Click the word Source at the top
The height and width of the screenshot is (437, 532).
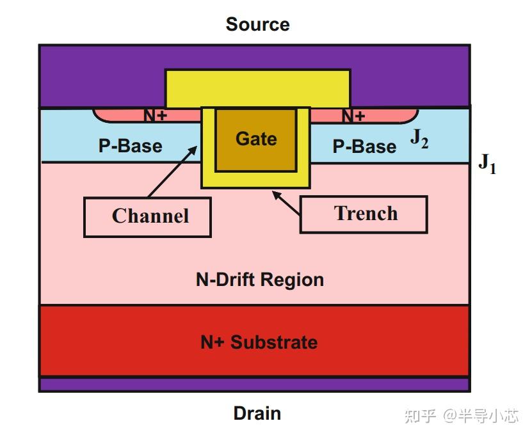tap(257, 24)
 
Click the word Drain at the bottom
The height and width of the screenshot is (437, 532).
tap(257, 413)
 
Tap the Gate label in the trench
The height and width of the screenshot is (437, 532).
tap(256, 139)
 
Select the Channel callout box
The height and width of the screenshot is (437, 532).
tap(148, 217)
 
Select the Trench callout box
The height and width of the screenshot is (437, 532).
tap(363, 214)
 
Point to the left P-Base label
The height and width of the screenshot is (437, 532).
tap(130, 146)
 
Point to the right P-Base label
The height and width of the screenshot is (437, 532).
tap(364, 147)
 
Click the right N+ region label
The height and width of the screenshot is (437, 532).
tap(353, 116)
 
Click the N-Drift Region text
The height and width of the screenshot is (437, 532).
tap(259, 280)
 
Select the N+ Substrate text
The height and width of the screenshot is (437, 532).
tap(259, 342)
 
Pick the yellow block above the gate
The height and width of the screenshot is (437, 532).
tap(257, 88)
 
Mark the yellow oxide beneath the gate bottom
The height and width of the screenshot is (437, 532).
tap(255, 180)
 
